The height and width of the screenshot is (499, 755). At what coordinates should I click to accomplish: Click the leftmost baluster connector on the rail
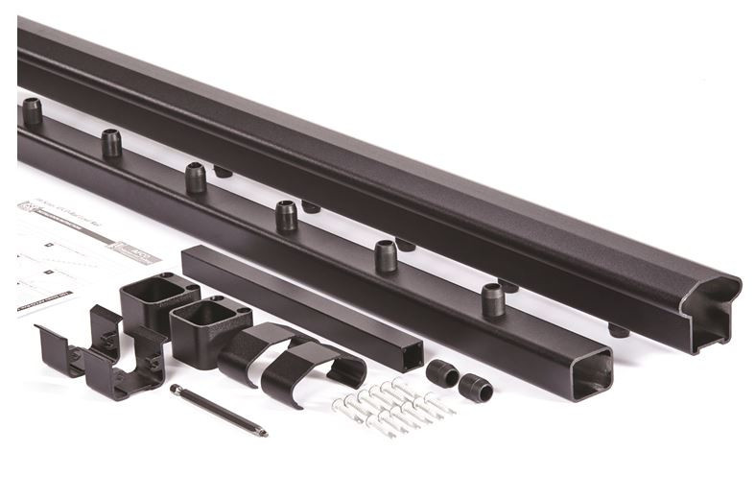pos(33,110)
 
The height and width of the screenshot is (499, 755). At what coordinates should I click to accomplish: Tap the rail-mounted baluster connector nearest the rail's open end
pos(492,299)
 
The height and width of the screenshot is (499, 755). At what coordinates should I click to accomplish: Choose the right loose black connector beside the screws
pos(475,388)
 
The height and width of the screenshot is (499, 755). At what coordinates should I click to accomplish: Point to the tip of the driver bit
pos(264,434)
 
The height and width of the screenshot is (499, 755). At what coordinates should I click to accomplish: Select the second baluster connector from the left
pos(111,143)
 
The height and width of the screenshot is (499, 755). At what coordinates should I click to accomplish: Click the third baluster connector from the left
pos(196,177)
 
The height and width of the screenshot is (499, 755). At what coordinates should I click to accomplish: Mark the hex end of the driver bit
pos(177,390)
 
